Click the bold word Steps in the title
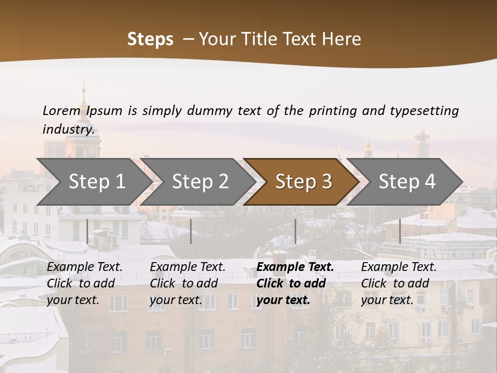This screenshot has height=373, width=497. point(150,39)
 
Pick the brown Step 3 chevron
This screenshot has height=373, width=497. point(303,181)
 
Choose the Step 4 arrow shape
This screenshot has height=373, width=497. point(407,181)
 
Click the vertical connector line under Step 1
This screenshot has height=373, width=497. point(87,231)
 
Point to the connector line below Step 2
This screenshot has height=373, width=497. point(191,231)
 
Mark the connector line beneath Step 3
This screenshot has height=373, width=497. point(295,231)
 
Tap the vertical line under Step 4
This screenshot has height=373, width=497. point(400,231)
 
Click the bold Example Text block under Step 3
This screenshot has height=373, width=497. point(295,283)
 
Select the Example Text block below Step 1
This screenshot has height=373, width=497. point(84,283)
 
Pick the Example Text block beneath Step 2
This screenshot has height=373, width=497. point(187,283)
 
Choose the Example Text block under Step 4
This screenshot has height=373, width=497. point(399,283)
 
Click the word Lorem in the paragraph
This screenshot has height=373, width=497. point(62,111)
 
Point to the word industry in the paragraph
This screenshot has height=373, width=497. point(68,129)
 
